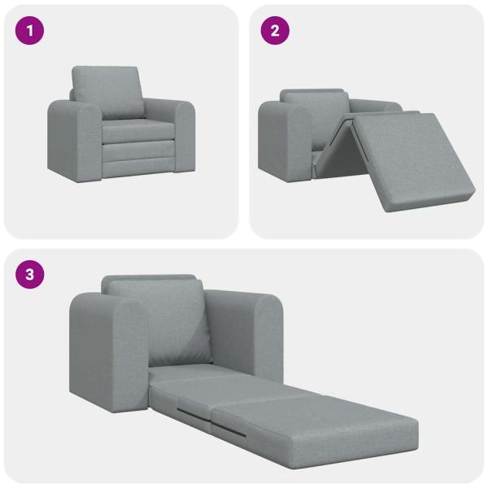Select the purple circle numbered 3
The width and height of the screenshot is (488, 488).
pos(30,274)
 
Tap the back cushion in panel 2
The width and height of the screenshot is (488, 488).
pos(317,106)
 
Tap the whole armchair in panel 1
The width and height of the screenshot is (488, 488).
pos(122,130)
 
